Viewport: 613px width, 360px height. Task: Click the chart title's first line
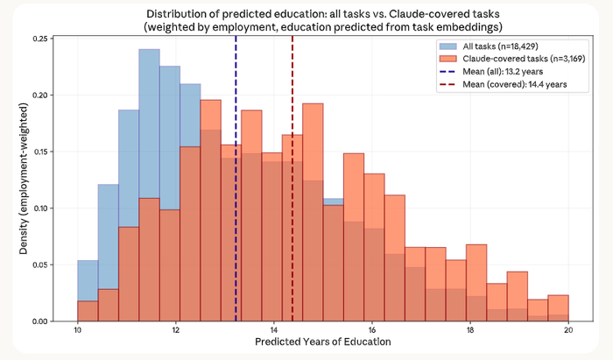323,13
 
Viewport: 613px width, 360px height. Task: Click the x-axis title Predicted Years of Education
323,342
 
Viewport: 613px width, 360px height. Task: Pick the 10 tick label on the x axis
78,330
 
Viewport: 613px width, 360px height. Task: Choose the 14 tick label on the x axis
274,330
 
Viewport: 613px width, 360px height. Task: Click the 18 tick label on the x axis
470,330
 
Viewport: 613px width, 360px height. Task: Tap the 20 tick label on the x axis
568,330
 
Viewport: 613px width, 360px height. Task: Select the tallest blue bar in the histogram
149,131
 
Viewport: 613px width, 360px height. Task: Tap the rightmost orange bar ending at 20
559,308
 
